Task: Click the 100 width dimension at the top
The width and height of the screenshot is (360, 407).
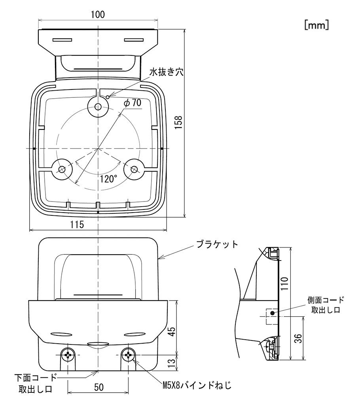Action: tap(97, 15)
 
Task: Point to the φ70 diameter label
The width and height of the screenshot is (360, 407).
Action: tap(132, 103)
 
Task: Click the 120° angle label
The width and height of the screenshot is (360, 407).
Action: tap(108, 179)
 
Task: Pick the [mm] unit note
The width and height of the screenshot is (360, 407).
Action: tap(316, 25)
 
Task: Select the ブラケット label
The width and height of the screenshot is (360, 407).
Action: tap(218, 244)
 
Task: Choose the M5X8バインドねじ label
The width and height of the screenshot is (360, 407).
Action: tap(197, 384)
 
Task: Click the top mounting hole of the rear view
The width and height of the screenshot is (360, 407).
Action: tap(97, 106)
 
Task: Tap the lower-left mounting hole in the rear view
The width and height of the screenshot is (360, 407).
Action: tap(62, 169)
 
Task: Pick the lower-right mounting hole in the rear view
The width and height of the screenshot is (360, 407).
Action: tap(134, 169)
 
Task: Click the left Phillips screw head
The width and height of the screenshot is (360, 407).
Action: tap(68, 355)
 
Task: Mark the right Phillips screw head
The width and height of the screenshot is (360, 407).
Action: tap(128, 355)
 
